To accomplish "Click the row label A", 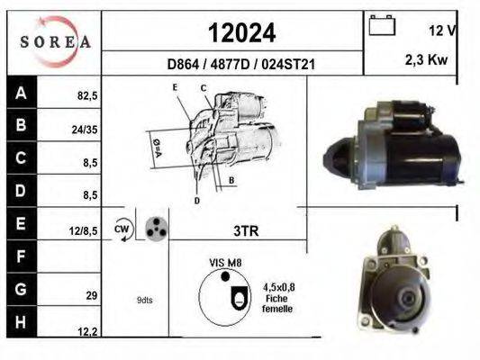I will (x=21, y=91).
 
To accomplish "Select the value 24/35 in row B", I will (x=84, y=128).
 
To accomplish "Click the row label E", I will (x=21, y=222).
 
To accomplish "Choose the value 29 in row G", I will (x=91, y=294).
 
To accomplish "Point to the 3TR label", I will (x=246, y=231).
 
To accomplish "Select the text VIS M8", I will (x=226, y=262).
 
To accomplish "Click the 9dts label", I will (x=144, y=300).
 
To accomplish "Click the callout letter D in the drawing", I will (x=196, y=200).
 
